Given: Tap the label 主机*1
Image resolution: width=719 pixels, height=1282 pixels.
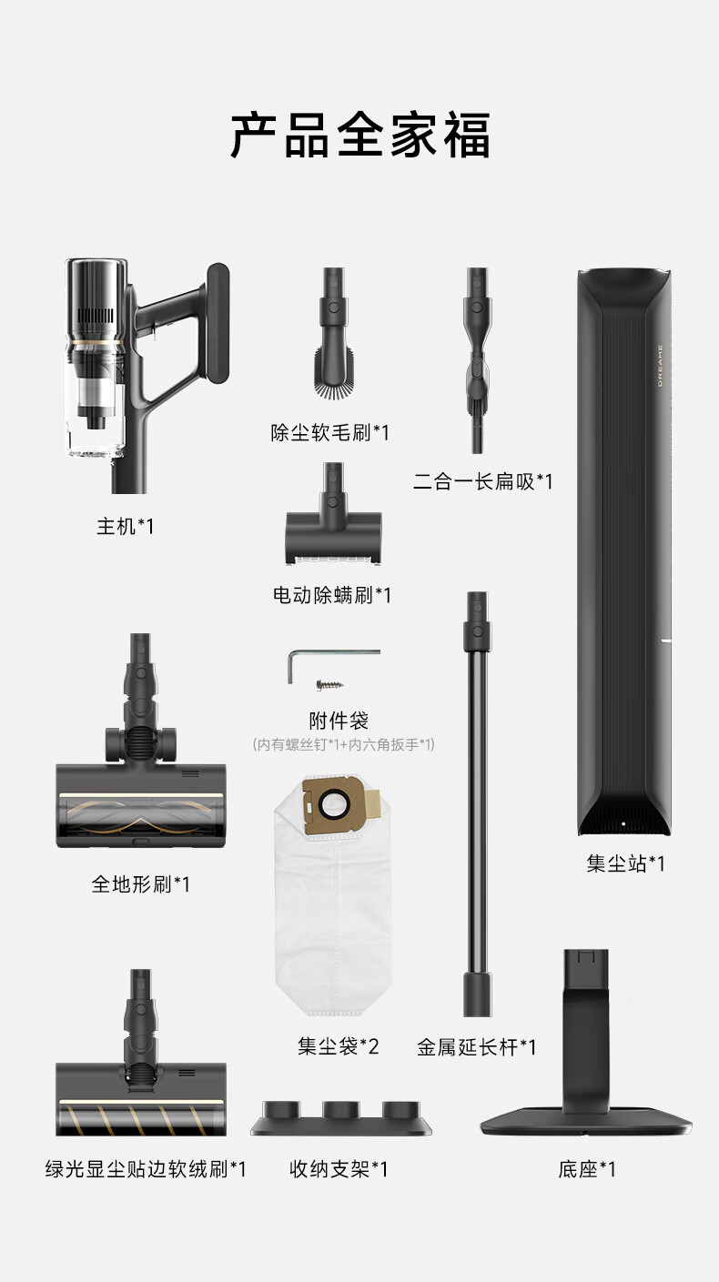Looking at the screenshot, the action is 126,527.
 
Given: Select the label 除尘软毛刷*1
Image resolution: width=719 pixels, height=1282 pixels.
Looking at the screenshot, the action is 330,433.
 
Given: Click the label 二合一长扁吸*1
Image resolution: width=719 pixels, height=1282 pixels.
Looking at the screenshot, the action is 483,482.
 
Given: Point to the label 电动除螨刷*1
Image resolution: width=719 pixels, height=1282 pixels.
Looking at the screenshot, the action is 332,595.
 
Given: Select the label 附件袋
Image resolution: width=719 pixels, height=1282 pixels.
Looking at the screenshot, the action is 339,721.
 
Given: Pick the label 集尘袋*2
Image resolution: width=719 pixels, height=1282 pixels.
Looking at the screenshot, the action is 339,1046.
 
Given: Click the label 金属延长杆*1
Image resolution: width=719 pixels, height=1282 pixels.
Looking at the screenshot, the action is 477,1047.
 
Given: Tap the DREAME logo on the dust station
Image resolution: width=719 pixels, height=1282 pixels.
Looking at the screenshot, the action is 660,365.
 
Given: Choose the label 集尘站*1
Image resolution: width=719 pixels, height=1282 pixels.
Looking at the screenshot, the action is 625,863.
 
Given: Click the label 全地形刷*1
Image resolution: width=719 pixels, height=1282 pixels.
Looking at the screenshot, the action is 140,884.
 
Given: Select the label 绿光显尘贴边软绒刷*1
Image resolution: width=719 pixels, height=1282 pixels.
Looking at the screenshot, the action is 146,1168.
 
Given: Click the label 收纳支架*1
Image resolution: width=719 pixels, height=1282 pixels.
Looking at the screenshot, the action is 339,1168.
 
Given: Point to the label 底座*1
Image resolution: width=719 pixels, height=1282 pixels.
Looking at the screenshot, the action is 587,1168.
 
